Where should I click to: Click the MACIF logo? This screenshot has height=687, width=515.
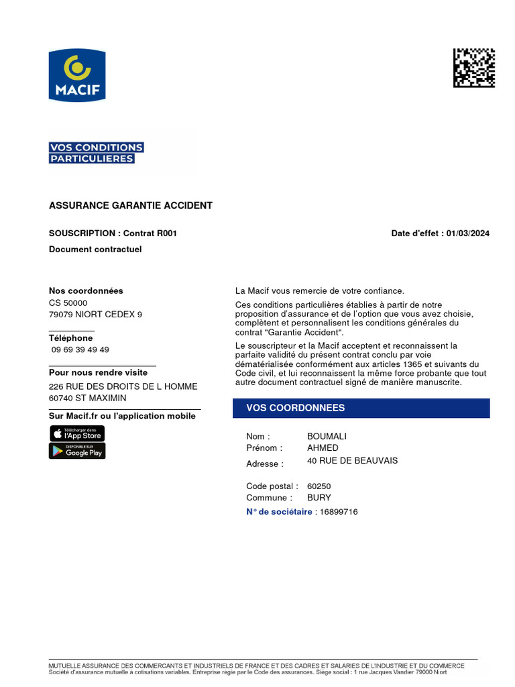click(77, 75)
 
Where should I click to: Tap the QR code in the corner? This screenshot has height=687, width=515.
click(474, 68)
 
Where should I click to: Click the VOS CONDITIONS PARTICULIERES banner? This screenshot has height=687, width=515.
click(96, 153)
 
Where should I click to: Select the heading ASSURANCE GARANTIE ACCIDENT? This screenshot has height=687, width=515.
click(131, 205)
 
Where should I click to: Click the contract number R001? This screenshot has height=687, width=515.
click(167, 233)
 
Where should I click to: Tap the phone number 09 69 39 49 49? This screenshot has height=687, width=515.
click(80, 350)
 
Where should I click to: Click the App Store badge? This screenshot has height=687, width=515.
click(77, 433)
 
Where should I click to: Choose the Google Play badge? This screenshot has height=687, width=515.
click(77, 451)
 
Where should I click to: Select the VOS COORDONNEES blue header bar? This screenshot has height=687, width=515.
click(361, 408)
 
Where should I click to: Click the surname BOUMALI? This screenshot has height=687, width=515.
click(327, 436)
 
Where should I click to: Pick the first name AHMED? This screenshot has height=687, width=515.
click(323, 447)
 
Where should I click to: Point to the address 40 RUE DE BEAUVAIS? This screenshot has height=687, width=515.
click(352, 461)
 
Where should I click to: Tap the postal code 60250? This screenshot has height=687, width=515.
click(319, 486)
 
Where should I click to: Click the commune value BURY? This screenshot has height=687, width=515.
click(319, 498)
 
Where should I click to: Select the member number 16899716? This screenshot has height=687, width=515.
click(339, 512)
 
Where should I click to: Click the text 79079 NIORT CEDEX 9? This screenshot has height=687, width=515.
click(95, 314)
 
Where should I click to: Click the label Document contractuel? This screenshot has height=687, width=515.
click(95, 250)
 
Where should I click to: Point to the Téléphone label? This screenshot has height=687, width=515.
click(70, 338)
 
